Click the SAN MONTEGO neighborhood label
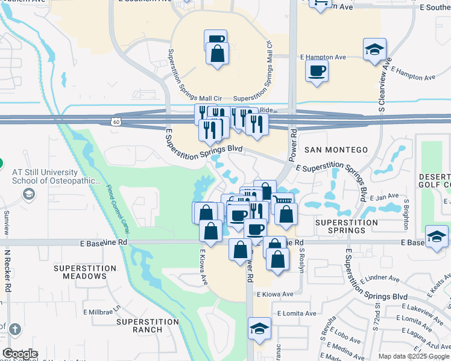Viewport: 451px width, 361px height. [336, 150]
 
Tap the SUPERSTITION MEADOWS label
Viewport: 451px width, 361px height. [84, 272]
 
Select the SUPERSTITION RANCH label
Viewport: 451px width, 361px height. [148, 326]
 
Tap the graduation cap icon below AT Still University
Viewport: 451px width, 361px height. [28, 194]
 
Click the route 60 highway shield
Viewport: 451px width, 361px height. [115, 122]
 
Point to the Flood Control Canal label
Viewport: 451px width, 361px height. [118, 209]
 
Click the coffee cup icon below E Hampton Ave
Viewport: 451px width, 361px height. [317, 72]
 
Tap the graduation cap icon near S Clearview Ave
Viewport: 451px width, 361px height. [374, 50]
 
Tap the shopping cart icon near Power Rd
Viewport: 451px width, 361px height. [283, 200]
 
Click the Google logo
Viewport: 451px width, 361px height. [20, 354]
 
